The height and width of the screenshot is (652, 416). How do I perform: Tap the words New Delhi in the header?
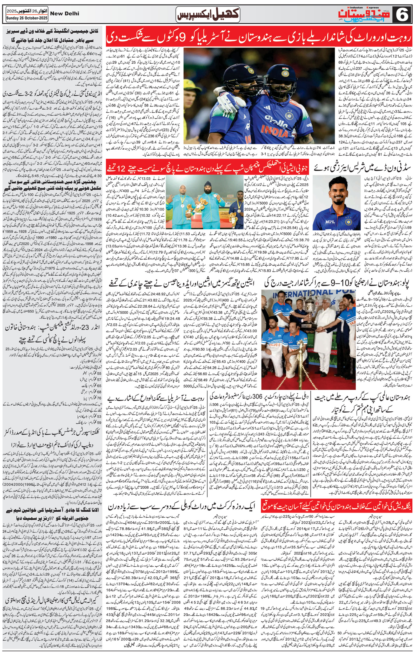65,13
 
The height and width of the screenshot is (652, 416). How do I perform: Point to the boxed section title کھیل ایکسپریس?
207,14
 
